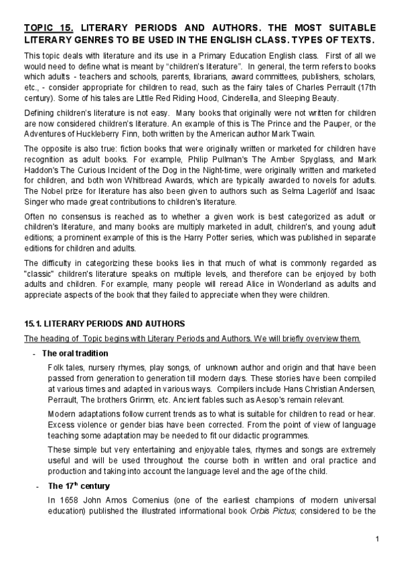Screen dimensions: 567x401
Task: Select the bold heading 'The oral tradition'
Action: pos(74,353)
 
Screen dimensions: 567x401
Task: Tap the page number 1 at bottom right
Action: pos(378,538)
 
